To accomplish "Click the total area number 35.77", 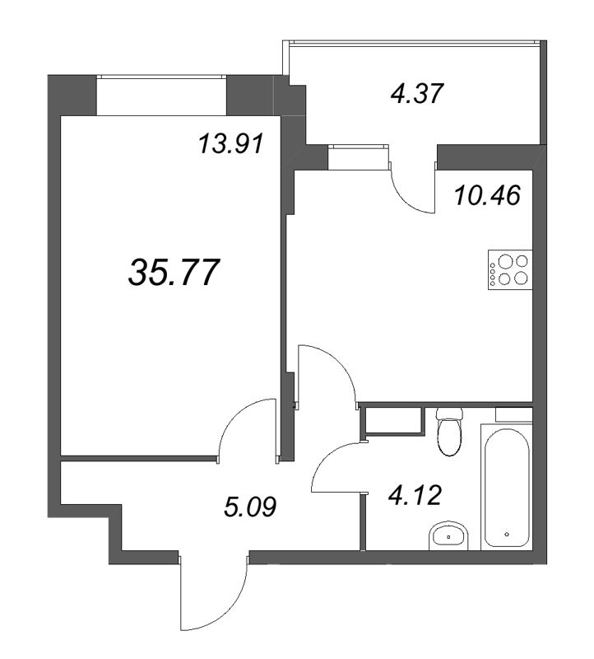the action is (x=174, y=273).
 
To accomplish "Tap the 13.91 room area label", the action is (x=231, y=143).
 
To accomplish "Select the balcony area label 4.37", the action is (x=417, y=93).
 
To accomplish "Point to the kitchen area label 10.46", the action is (x=487, y=195).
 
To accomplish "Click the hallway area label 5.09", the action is (x=250, y=507).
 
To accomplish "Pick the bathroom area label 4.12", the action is (x=415, y=495).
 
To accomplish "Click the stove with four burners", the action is (x=510, y=269).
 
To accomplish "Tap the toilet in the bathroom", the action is (x=449, y=431).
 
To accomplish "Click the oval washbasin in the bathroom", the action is (x=448, y=536).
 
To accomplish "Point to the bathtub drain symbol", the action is (x=507, y=534).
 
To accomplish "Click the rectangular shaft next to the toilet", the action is (x=393, y=420).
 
